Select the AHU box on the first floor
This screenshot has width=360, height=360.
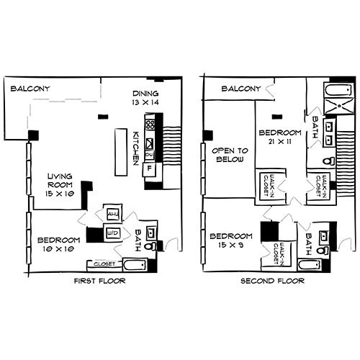click(112, 213)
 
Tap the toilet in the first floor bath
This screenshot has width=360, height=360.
click(150, 247)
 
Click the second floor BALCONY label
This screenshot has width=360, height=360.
click(240, 89)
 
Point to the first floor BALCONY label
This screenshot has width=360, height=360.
click(30, 89)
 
